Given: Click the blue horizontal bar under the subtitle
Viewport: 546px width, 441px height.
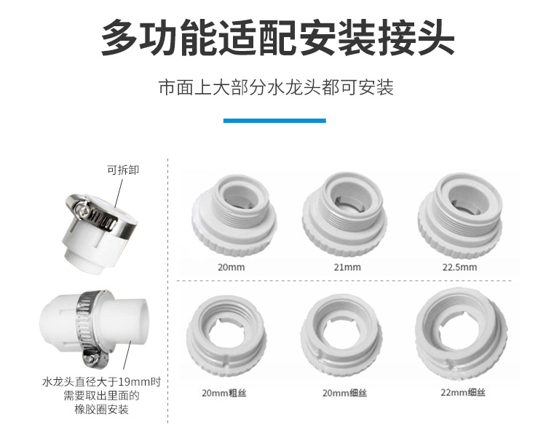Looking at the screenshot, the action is click(x=274, y=120).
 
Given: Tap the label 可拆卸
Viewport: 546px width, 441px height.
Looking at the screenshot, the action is click(x=122, y=170).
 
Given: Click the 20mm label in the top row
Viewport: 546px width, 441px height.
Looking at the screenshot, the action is click(x=232, y=267).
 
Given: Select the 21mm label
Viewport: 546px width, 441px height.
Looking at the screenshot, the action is click(x=347, y=267).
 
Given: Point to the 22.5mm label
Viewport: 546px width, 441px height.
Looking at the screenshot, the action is click(x=459, y=267).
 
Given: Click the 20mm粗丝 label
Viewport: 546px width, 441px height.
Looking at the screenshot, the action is click(x=224, y=393).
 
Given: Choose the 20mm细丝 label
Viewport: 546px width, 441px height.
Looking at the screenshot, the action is click(x=344, y=393).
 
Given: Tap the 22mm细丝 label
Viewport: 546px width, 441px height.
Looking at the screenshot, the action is click(x=463, y=393).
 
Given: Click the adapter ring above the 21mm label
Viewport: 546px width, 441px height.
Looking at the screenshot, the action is click(x=344, y=216).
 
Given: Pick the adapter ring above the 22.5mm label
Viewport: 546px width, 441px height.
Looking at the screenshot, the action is click(x=460, y=216).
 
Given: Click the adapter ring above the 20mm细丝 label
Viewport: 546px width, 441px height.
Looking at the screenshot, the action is click(x=344, y=336).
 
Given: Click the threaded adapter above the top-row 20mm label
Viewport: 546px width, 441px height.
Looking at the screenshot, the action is click(x=234, y=216).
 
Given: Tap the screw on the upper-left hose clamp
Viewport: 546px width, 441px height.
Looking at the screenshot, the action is click(x=84, y=209).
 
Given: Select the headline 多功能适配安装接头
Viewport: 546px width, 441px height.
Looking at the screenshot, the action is click(x=277, y=38).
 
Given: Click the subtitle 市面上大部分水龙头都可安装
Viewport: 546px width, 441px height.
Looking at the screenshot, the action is click(x=276, y=87).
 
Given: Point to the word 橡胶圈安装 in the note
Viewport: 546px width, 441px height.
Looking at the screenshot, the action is click(x=101, y=410).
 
